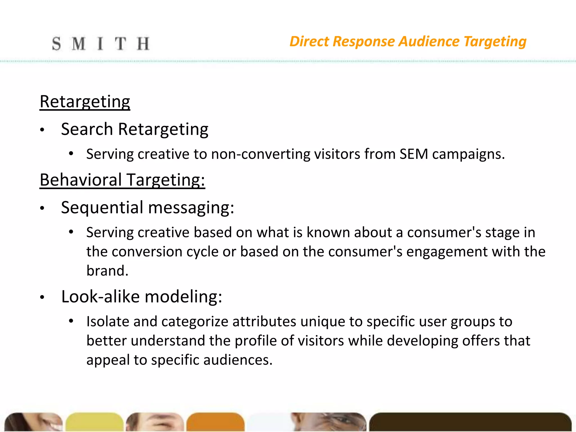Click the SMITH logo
[x=100, y=44]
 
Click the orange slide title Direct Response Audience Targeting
[x=408, y=42]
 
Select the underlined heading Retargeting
[x=85, y=102]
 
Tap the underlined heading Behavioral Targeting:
[x=122, y=180]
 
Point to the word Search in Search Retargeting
[x=87, y=129]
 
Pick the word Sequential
[x=102, y=208]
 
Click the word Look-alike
[x=100, y=297]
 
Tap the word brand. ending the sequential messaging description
[x=107, y=271]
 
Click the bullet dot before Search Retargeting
[x=42, y=130]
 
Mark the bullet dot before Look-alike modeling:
[x=42, y=297]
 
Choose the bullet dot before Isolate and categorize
[x=71, y=321]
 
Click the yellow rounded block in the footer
[x=94, y=422]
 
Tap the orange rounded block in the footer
[x=215, y=422]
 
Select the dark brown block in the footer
[x=470, y=422]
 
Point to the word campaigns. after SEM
[x=468, y=154]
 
